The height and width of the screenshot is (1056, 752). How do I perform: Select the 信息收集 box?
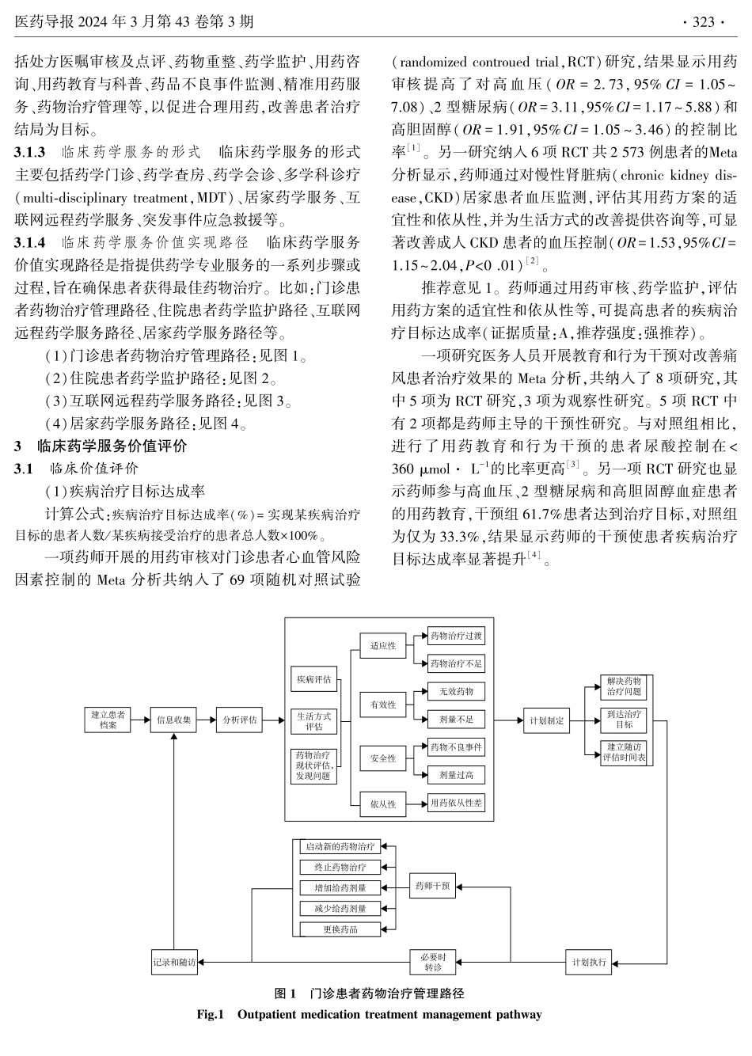coord(173,720)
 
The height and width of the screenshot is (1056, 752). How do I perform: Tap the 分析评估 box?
coord(239,720)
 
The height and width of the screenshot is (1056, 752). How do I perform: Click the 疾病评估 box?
coord(314,679)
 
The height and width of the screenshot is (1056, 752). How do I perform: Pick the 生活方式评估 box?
coord(314,720)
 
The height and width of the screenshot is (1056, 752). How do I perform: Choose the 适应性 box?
coord(383,645)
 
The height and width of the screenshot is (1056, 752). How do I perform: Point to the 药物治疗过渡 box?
coord(455,636)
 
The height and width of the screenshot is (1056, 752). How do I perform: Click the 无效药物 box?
coord(455,691)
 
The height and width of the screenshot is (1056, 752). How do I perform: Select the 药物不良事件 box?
coord(455,746)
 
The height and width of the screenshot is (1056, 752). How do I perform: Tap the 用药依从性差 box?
coord(455,803)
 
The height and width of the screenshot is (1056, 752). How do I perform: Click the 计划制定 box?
coord(547,720)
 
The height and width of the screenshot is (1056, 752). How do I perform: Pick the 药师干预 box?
coord(432,886)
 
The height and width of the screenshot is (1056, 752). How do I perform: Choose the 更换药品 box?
coord(340,929)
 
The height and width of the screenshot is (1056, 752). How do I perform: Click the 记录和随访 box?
coord(174,963)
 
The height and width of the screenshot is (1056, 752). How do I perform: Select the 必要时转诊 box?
coord(432,962)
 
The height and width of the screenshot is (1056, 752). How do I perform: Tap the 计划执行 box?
coord(589,963)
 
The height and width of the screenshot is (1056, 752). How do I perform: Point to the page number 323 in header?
coord(703,22)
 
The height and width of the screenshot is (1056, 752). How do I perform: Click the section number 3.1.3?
coord(31,151)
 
